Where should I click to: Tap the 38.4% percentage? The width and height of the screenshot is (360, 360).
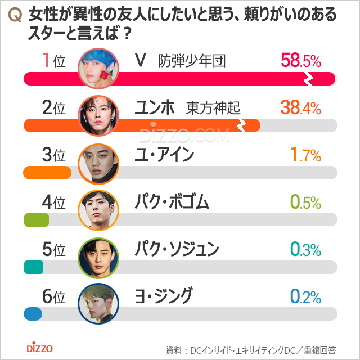click(300, 107)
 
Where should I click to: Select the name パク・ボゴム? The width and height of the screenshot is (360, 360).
click(172, 201)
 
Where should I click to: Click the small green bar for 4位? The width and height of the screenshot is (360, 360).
click(36, 219)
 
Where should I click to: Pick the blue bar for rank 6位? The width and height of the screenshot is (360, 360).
click(33, 313)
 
